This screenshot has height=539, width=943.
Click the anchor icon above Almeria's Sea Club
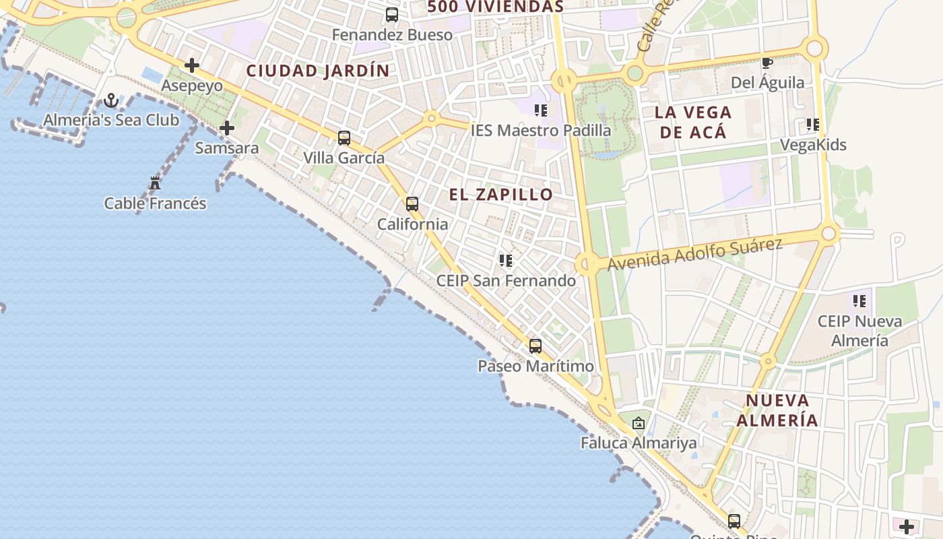(x=111, y=101)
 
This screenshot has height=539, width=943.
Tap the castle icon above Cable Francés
(x=155, y=183)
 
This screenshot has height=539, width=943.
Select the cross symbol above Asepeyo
(x=192, y=65)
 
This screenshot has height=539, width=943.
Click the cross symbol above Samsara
(x=227, y=127)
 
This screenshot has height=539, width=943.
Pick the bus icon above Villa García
(x=344, y=138)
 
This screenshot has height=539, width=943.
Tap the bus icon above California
(x=412, y=203)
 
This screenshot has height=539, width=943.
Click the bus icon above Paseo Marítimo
(x=535, y=346)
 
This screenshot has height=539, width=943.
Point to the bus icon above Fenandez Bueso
(x=392, y=14)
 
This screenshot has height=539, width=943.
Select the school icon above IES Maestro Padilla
(x=540, y=110)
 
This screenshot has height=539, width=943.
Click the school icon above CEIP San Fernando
(x=506, y=260)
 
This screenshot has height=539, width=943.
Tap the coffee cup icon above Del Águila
(x=767, y=63)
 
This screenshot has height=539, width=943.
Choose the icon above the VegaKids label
(x=813, y=125)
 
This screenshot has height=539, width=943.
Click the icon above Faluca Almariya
(x=639, y=423)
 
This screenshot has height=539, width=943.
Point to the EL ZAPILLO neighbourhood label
(x=501, y=195)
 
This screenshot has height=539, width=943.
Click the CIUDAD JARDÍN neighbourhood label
(x=318, y=71)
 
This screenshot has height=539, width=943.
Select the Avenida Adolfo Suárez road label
(x=694, y=254)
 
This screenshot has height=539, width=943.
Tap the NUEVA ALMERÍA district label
(x=777, y=410)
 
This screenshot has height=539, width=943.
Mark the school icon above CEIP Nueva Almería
(x=859, y=300)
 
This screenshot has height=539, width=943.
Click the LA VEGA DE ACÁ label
(x=694, y=122)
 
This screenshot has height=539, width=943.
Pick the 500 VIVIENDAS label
(x=495, y=7)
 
